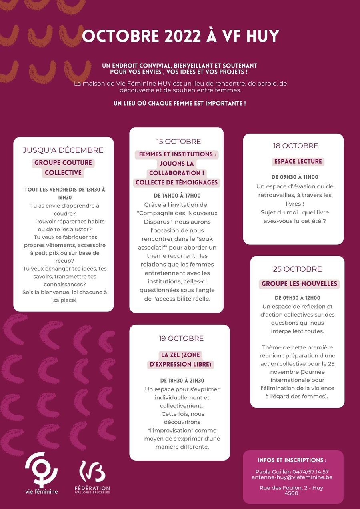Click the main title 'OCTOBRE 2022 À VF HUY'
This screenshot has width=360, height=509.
click(x=180, y=36)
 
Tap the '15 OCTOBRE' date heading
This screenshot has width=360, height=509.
click(x=178, y=142)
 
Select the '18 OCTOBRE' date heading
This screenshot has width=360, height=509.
click(x=296, y=146)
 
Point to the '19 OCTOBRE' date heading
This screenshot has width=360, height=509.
click(x=181, y=339)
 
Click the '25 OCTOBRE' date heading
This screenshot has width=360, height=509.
click(x=297, y=269)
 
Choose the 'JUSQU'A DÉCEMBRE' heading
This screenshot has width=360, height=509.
click(x=63, y=150)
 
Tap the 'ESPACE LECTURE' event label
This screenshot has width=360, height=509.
click(x=298, y=162)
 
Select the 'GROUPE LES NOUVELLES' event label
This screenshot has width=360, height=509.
click(x=299, y=284)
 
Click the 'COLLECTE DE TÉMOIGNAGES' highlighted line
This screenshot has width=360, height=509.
click(x=176, y=182)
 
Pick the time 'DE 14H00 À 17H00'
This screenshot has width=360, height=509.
click(x=177, y=196)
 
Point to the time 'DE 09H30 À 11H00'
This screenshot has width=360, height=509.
click(x=295, y=177)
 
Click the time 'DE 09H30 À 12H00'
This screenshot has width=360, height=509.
click(x=297, y=298)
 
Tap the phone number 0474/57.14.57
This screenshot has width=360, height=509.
click(x=310, y=472)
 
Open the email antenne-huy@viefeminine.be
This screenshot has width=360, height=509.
click(x=292, y=477)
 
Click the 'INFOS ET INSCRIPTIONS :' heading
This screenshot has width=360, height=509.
click(x=292, y=460)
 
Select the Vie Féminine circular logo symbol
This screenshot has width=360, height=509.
click(x=42, y=469)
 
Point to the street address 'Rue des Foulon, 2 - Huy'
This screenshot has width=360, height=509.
click(x=291, y=488)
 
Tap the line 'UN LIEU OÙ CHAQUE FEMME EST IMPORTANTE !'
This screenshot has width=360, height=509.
click(x=180, y=103)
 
